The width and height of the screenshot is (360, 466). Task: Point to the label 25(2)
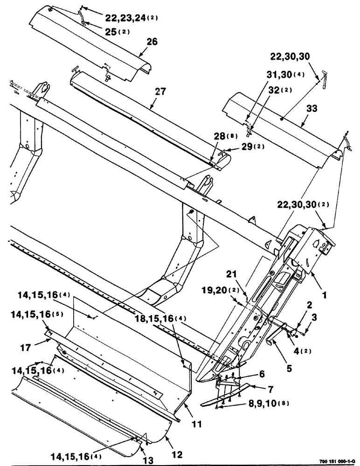click(117, 32)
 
